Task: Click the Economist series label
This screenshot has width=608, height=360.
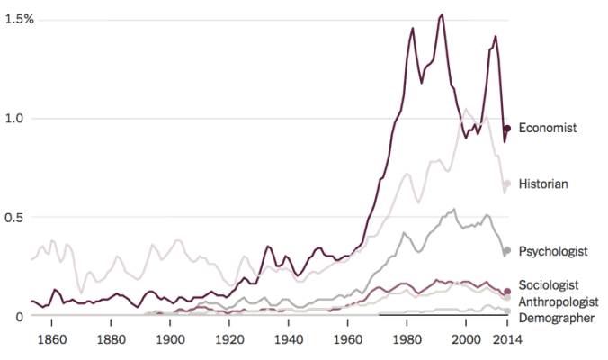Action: pos(547,129)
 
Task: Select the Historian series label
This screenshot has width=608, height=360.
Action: pos(543,184)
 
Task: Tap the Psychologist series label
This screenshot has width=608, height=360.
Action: pos(553,251)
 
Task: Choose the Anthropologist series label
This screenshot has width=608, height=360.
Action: pos(559,301)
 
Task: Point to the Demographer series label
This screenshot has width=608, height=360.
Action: pos(557,318)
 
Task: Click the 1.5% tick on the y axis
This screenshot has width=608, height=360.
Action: pos(16,20)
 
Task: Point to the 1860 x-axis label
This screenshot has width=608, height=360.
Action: pos(52,339)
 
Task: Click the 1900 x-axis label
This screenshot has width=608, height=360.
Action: pos(170,339)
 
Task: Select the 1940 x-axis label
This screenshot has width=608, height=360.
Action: pos(289,339)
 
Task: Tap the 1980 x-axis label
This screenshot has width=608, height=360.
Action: pos(407,339)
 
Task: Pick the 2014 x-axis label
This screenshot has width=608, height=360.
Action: pos(507,339)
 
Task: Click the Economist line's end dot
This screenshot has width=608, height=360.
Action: pos(507,129)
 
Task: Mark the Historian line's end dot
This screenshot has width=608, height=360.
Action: pos(507,184)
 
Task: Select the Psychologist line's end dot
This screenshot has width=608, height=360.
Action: pos(507,250)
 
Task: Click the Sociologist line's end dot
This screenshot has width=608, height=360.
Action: pos(507,292)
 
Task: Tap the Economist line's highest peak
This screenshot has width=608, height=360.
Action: pos(442,14)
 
